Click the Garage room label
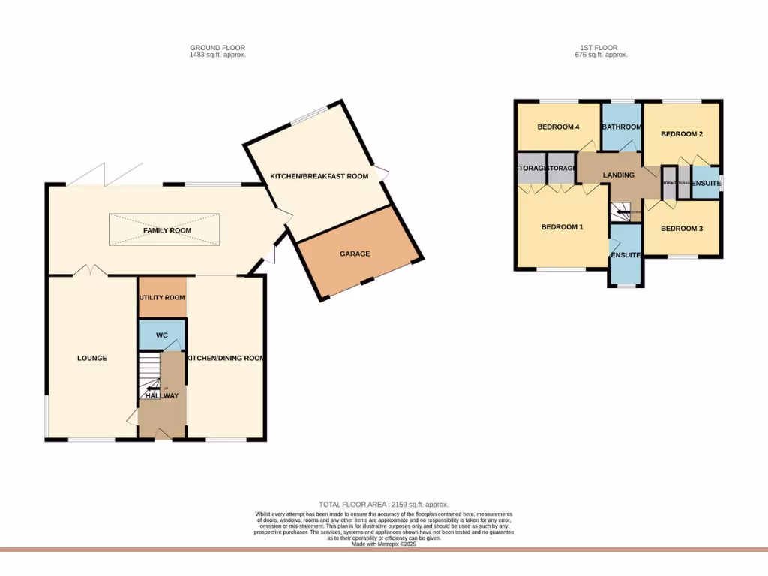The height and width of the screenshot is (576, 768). point(355,253)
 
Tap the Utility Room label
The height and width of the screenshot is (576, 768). point(161,297)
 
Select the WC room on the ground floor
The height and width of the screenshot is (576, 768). point(161,334)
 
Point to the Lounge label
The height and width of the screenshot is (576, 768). point(91,358)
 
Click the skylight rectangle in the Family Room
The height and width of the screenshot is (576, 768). point(166,229)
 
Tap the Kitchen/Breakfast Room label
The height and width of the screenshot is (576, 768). point(319,176)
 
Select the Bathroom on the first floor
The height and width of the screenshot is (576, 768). point(622,127)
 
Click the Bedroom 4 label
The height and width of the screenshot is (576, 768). point(558,127)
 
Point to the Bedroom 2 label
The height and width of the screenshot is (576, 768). point(681,134)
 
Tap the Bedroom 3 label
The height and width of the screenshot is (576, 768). point(681,228)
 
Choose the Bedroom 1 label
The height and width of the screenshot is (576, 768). point(562,226)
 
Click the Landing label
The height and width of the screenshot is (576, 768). point(618,175)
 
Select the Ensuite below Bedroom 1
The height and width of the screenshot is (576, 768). point(625,256)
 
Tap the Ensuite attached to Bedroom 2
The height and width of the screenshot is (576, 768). point(706,183)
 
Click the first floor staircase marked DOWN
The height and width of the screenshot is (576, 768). point(622,212)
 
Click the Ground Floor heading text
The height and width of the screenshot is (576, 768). point(217,48)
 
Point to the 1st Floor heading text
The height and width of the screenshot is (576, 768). point(600,48)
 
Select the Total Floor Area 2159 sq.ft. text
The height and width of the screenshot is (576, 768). point(384,505)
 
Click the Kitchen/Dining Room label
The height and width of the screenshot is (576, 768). point(226,358)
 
